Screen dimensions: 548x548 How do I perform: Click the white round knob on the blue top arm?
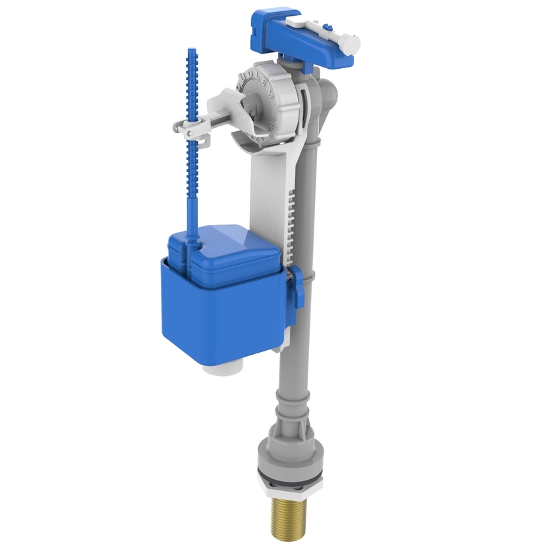point(351,42)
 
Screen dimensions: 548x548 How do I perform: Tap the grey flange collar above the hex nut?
point(284,453)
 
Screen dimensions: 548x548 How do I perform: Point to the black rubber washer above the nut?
point(285,471)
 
